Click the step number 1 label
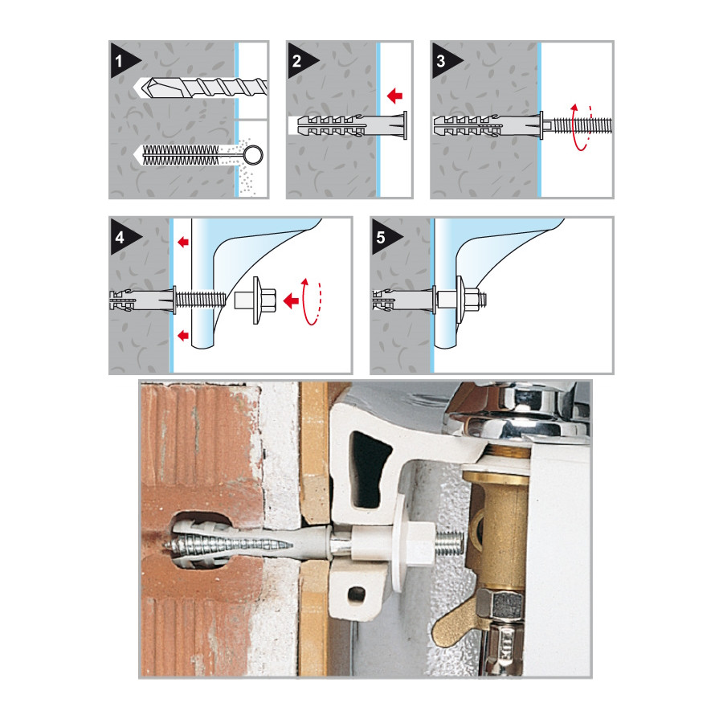tap(119, 61)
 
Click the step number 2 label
tap(296, 61)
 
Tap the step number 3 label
tap(441, 61)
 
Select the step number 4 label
tap(120, 238)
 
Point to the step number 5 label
tap(381, 238)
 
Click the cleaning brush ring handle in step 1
tap(253, 155)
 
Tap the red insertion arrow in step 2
tap(394, 96)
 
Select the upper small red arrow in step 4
tap(183, 241)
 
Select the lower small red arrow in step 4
tap(183, 335)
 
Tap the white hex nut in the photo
tap(420, 544)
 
